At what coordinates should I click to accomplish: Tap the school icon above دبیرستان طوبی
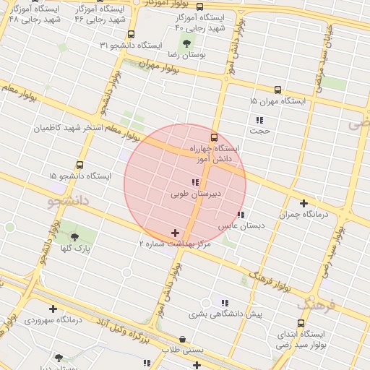pos(194,182)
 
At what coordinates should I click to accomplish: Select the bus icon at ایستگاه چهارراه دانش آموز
pos(214,137)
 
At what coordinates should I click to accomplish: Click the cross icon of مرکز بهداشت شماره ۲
pos(175,233)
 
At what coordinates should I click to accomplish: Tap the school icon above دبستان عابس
pos(241,215)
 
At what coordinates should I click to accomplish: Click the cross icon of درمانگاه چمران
pos(304,204)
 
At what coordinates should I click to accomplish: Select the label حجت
pos(259,131)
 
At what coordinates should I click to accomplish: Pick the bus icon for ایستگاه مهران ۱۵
pos(276,89)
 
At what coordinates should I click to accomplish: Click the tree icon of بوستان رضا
pos(186,46)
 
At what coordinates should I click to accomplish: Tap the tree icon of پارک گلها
pos(74,237)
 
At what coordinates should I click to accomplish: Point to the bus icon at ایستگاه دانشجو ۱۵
pos(79,165)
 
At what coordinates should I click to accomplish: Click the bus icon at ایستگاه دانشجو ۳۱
pos(131,34)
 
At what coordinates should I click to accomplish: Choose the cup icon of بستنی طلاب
pos(181,339)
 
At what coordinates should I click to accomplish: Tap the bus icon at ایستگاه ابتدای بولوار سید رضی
pos(301,323)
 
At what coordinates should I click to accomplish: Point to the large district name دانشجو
pos(66,200)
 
